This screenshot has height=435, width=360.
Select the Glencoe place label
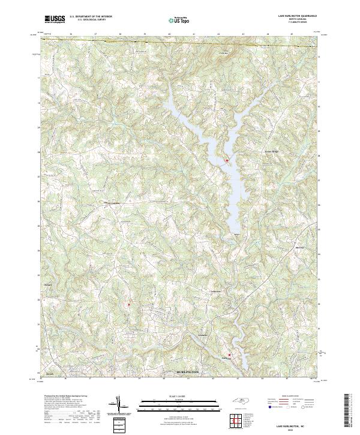[x=203, y=334]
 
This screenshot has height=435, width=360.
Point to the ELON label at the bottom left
[x=50, y=373]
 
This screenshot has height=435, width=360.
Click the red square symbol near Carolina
[x=229, y=355]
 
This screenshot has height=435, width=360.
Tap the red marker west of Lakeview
[x=128, y=304]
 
